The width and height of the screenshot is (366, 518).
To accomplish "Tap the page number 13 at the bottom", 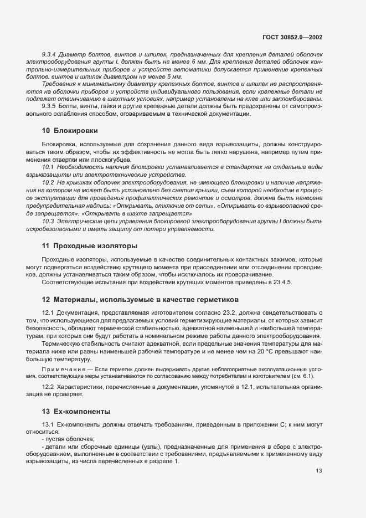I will tap(319, 471).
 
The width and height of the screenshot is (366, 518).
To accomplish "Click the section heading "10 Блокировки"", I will tap(70, 131).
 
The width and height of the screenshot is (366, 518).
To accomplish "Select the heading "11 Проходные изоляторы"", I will tap(90, 245).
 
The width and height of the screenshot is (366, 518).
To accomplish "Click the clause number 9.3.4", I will tap(50, 55).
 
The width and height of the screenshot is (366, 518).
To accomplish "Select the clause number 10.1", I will tap(48, 167).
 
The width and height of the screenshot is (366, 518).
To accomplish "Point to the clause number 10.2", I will tap(48, 182).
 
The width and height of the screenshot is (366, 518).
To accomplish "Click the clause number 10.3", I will tap(48, 221).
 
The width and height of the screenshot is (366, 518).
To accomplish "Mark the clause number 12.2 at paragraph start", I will tap(48, 386).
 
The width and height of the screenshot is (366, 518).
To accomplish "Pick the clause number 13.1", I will tap(48, 425).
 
